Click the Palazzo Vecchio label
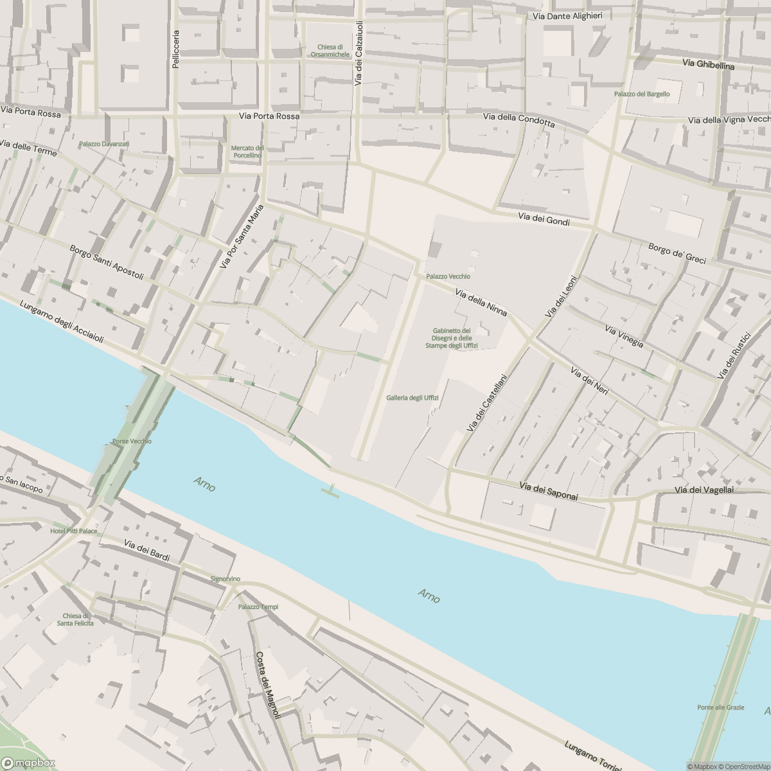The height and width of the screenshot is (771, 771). (x=448, y=276)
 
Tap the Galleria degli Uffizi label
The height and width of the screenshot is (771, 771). (x=412, y=398)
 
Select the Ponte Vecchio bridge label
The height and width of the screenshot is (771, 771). (x=132, y=441)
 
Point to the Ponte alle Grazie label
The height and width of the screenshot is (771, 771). (x=720, y=707)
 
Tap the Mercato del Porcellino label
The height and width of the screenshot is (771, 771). (x=247, y=152)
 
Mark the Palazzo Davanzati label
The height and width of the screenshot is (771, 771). (x=104, y=144)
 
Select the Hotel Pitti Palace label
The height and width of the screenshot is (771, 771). (x=74, y=531)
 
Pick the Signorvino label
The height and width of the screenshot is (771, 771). (x=226, y=579)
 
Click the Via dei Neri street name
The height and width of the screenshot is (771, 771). (x=589, y=382)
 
